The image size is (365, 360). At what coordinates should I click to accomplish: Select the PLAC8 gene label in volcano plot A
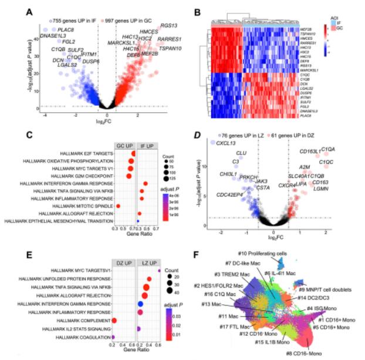66,29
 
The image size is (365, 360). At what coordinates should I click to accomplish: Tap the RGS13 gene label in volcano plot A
167,26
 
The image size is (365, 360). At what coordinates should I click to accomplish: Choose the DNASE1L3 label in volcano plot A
55,36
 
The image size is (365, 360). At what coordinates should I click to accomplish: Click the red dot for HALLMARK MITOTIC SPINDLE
119,206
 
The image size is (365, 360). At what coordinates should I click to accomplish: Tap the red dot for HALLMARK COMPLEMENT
115,321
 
